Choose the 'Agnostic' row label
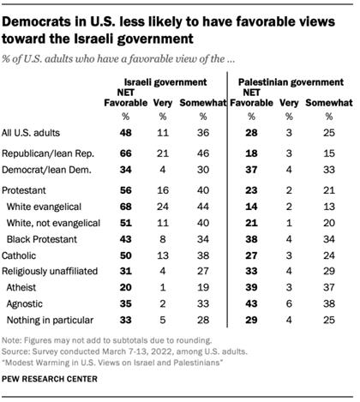29,303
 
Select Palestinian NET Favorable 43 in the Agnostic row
251,303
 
